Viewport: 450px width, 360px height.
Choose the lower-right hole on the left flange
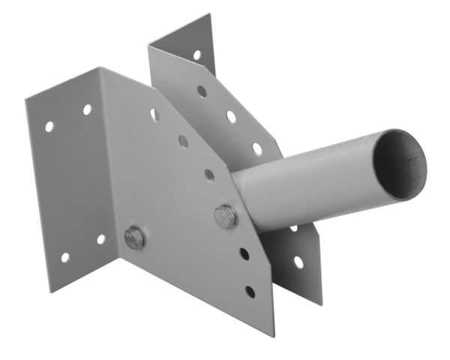[x=100, y=239]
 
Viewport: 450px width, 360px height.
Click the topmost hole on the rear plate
[x=196, y=55]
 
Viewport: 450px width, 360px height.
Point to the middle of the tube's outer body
[x=315, y=187]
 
